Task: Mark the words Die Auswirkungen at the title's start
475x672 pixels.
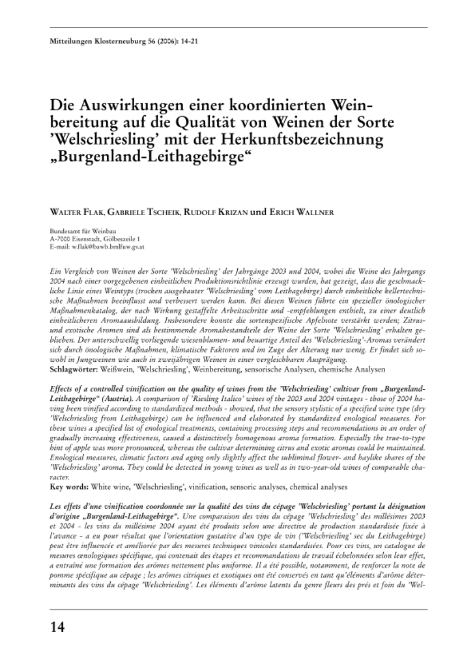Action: (x=103, y=105)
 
